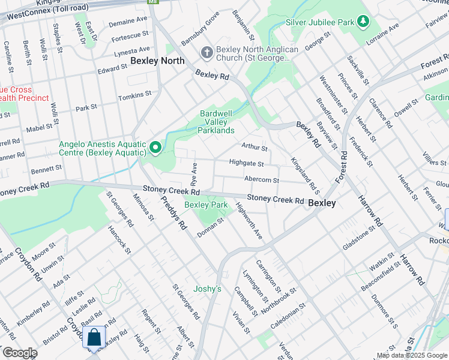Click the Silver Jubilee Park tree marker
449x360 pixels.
(x=363, y=22)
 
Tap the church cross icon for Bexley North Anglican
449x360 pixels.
(x=206, y=52)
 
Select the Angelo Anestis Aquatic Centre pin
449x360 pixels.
(x=155, y=147)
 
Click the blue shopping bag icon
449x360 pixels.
(x=95, y=337)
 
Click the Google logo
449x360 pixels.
(x=19, y=353)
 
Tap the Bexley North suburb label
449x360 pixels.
(x=157, y=61)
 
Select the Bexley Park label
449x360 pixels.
(x=206, y=205)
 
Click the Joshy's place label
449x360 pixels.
(x=207, y=289)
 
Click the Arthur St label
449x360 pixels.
(x=254, y=146)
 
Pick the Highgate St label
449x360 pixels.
(x=246, y=163)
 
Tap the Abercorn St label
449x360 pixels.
(x=262, y=180)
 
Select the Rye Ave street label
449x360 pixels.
(x=194, y=173)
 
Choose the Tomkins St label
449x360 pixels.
(x=135, y=96)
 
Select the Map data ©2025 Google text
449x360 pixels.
(x=412, y=355)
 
